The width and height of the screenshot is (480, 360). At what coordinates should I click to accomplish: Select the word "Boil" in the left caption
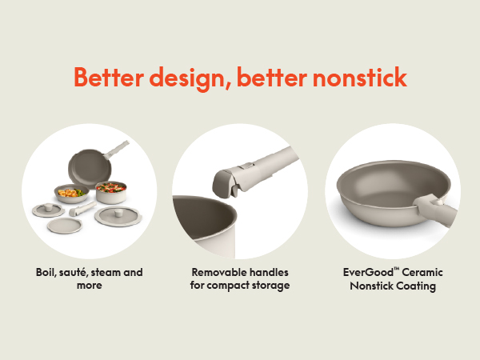tap(47, 273)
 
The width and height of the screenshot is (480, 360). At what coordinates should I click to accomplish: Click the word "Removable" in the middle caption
tap(218, 273)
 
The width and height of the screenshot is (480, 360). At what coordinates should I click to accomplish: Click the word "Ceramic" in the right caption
tap(424, 273)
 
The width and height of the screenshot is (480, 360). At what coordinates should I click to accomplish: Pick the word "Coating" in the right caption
tap(416, 286)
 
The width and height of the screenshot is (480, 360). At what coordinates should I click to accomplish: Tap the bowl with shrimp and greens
tap(70, 194)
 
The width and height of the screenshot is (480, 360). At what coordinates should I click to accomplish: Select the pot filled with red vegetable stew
tap(110, 192)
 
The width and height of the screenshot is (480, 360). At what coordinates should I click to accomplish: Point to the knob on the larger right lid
tap(114, 211)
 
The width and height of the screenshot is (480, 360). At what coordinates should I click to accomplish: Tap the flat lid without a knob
tap(61, 226)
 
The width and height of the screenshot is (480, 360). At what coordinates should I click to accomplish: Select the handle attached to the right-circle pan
tap(438, 209)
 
